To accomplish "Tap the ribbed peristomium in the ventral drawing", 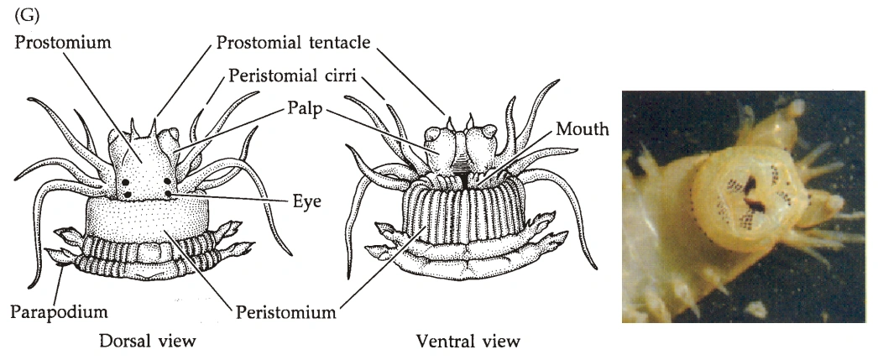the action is (x=465, y=218).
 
